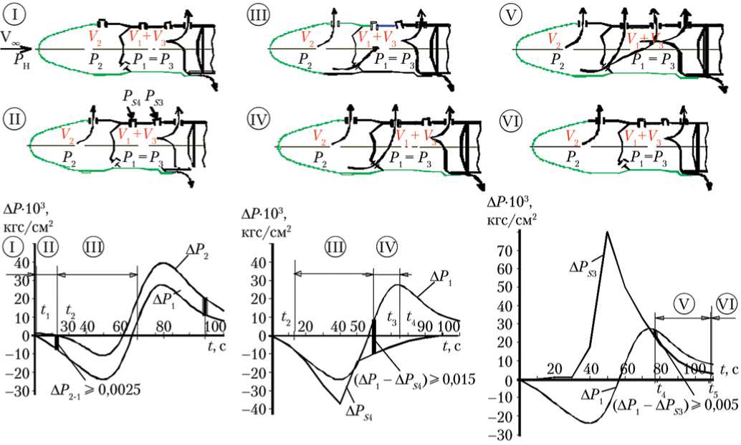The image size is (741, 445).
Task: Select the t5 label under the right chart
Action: pos(712,391)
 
